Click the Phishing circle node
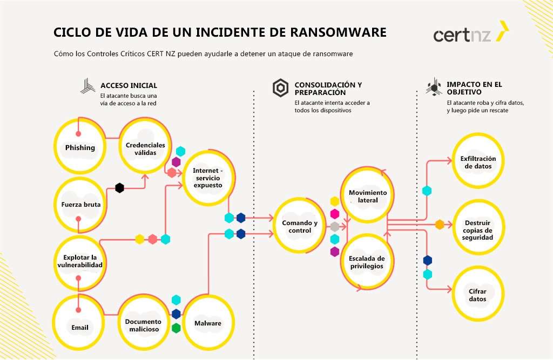point(79,147)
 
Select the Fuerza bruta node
point(79,205)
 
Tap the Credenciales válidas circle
point(145,148)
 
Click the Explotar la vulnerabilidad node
point(80,261)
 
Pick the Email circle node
point(79,327)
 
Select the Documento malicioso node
point(144,325)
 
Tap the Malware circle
point(208,323)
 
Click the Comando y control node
point(300,227)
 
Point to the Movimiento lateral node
point(368,196)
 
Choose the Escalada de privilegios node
point(367,262)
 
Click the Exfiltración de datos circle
point(478,162)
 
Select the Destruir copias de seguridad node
point(478,229)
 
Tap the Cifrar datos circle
point(478,295)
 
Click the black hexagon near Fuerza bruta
point(119,188)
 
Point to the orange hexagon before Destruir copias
point(440,224)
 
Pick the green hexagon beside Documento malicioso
point(176,328)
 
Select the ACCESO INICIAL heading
point(129,85)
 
